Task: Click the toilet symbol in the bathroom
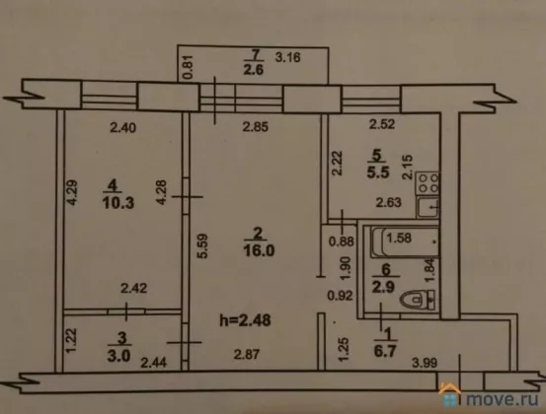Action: pyautogui.click(x=418, y=300)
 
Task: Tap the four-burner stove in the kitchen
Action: pyautogui.click(x=428, y=183)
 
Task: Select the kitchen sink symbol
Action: pyautogui.click(x=428, y=207)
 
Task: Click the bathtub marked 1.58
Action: pyautogui.click(x=405, y=241)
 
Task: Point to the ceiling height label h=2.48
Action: pyautogui.click(x=245, y=320)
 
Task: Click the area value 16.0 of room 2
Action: pyautogui.click(x=259, y=250)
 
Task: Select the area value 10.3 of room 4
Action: pyautogui.click(x=118, y=203)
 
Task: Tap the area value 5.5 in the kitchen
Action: pyautogui.click(x=378, y=172)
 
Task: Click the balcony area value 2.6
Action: pyautogui.click(x=253, y=70)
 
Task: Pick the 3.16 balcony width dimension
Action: pyautogui.click(x=287, y=57)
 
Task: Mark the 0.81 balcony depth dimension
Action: pyautogui.click(x=187, y=67)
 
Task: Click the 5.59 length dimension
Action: pyautogui.click(x=202, y=246)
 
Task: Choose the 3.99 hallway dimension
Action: pyautogui.click(x=425, y=363)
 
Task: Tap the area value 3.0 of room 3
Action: pyautogui.click(x=118, y=356)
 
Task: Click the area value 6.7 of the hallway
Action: pyautogui.click(x=385, y=352)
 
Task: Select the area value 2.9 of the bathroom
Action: pyautogui.click(x=383, y=287)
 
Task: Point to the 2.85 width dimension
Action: pyautogui.click(x=256, y=127)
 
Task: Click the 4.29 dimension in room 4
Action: pyautogui.click(x=72, y=192)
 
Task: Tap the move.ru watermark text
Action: pyautogui.click(x=503, y=399)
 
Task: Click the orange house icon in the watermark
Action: pyautogui.click(x=451, y=394)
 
